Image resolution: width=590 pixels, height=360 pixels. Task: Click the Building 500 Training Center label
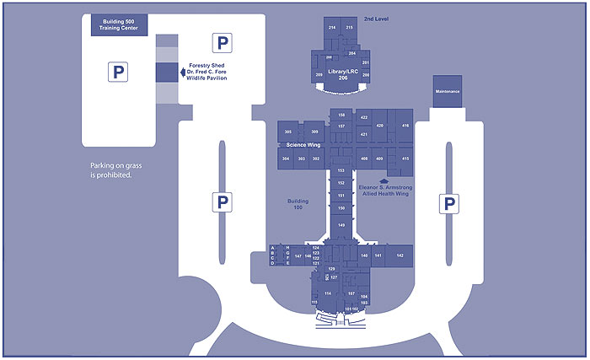pyautogui.click(x=119, y=24)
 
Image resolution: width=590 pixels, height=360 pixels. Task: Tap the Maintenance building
pyautogui.click(x=447, y=90)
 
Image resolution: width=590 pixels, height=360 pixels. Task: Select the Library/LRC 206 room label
pyautogui.click(x=342, y=73)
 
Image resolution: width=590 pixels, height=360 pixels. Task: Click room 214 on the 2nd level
pyautogui.click(x=331, y=28)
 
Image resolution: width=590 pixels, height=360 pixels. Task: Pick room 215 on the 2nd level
pyautogui.click(x=350, y=28)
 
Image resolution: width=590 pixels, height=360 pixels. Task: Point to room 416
pyautogui.click(x=405, y=126)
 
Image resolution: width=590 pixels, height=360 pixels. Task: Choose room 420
pyautogui.click(x=379, y=126)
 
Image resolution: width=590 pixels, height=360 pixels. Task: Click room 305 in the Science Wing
pyautogui.click(x=288, y=132)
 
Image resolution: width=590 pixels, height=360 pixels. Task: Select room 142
pyautogui.click(x=400, y=255)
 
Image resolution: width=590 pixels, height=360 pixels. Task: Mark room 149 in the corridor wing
pyautogui.click(x=341, y=225)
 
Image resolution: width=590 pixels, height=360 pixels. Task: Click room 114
pyautogui.click(x=328, y=293)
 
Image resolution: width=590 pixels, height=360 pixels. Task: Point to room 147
pyautogui.click(x=298, y=255)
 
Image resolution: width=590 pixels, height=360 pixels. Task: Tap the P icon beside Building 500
pyautogui.click(x=117, y=73)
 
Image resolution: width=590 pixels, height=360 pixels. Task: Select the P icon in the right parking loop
pyautogui.click(x=450, y=203)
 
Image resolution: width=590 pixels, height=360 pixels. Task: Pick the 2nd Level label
pyautogui.click(x=375, y=18)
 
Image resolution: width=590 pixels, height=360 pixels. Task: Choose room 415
pyautogui.click(x=405, y=159)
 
